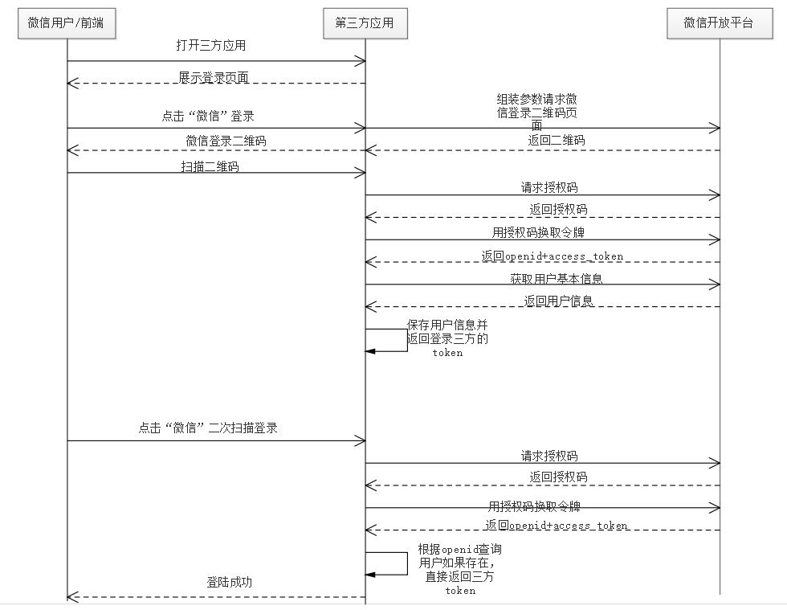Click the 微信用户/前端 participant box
point(66,23)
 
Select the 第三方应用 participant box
point(365,23)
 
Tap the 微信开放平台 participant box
point(719,23)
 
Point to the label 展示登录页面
point(214,77)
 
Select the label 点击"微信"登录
point(208,117)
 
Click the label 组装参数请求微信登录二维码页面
point(536,112)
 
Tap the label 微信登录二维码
point(226,141)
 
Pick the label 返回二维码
point(557,140)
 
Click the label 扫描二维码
point(210,167)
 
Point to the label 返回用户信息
point(559,301)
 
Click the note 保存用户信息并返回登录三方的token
point(447,338)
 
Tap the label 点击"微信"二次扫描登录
point(208,428)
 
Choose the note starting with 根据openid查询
point(460,570)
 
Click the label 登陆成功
point(229,582)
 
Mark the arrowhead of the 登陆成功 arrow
point(71,597)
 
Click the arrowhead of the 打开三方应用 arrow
point(361,60)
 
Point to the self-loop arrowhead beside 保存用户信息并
point(370,351)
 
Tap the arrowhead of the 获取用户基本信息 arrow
point(716,285)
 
